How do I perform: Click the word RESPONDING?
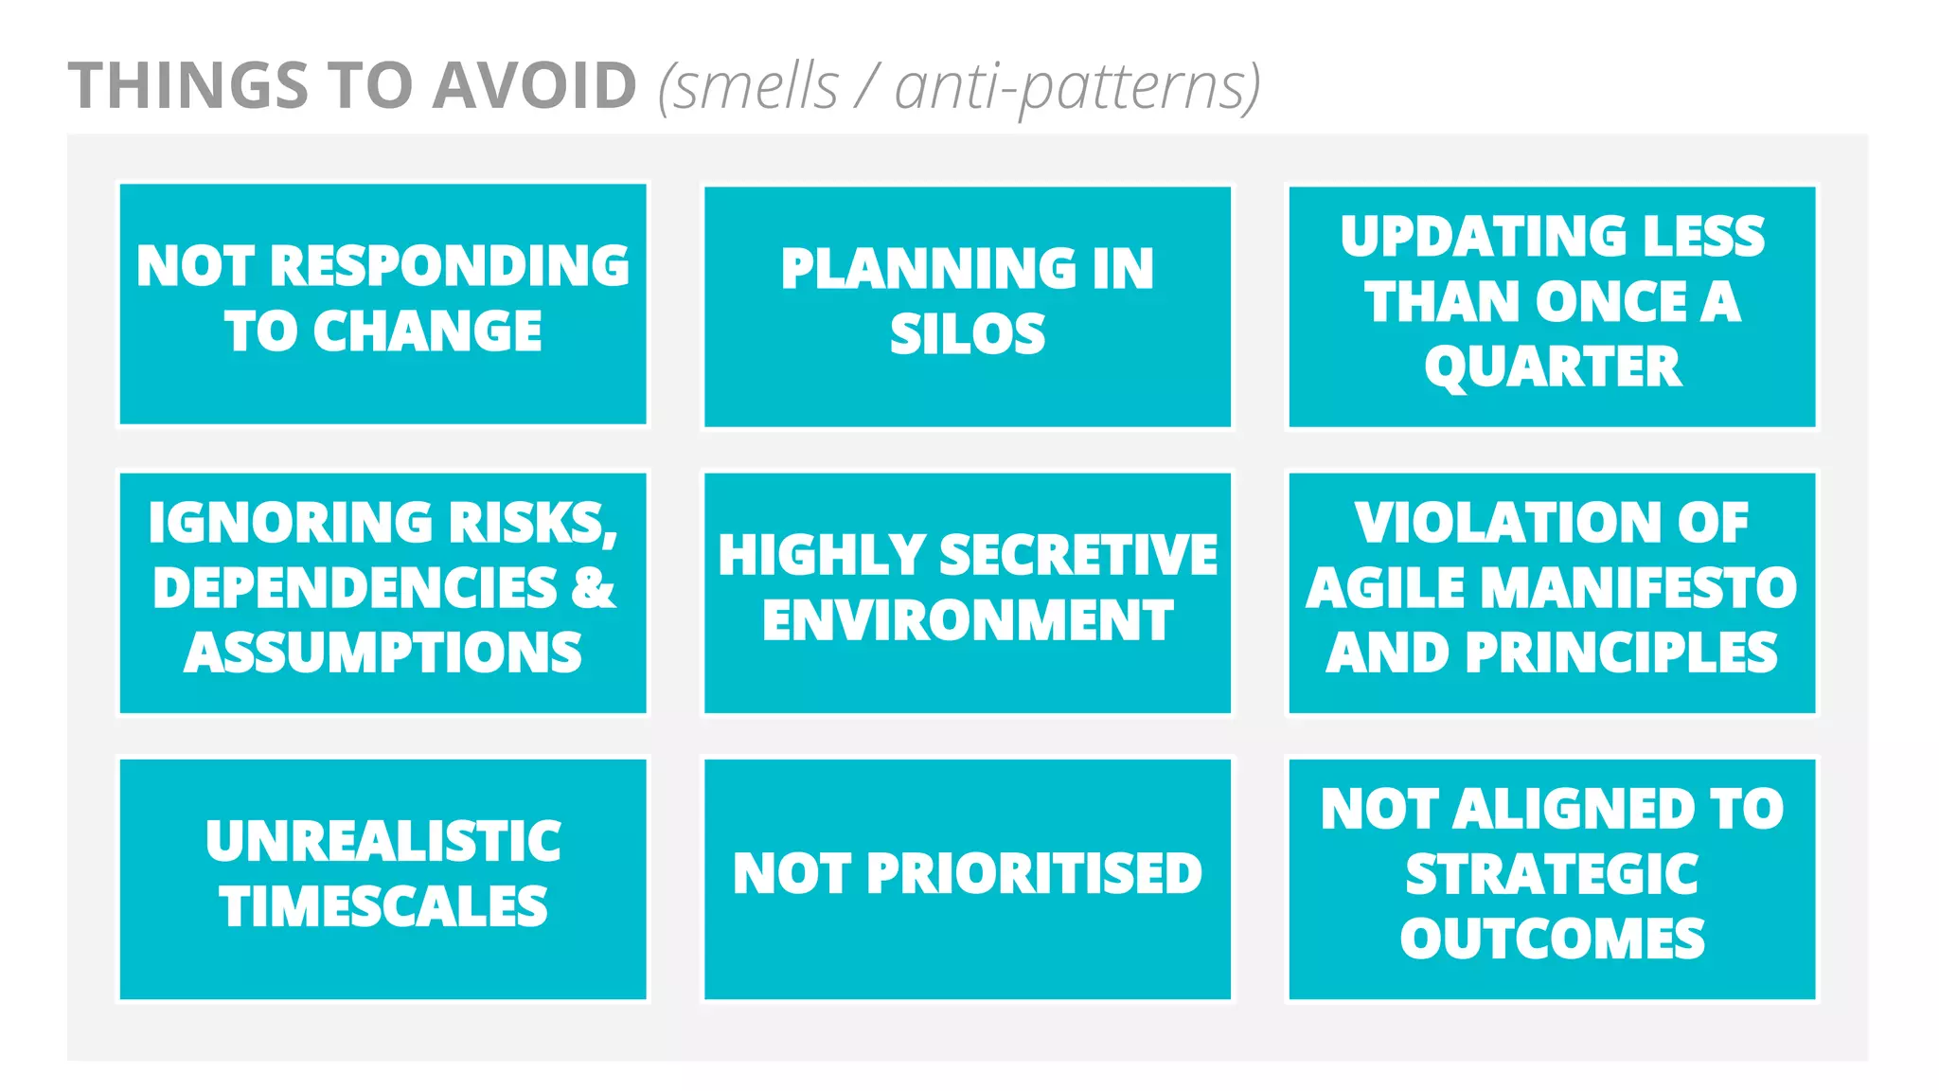point(450,266)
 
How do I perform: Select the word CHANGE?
point(427,331)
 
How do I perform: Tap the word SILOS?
point(968,334)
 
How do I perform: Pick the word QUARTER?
point(1553,367)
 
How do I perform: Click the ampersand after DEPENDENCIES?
point(594,587)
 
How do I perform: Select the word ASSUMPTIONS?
point(383,653)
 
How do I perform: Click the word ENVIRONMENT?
point(968,620)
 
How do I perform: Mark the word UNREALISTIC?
point(383,841)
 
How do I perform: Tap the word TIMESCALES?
point(383,906)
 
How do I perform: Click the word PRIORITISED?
point(1034,873)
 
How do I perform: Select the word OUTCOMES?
point(1553,939)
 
